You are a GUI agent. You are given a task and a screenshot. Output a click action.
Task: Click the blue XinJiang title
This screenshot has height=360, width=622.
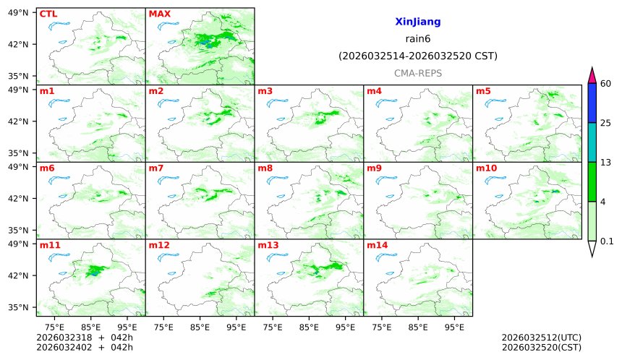[417, 22]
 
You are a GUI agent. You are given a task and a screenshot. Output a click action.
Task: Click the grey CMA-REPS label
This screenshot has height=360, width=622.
[417, 73]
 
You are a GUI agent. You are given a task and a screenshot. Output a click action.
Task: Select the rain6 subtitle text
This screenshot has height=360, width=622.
[417, 39]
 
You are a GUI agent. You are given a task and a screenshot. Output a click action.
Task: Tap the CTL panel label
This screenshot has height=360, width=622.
[48, 14]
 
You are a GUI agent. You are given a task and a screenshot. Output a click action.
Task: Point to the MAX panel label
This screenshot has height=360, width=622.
[159, 14]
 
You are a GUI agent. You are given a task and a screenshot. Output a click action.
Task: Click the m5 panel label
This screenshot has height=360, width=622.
[483, 91]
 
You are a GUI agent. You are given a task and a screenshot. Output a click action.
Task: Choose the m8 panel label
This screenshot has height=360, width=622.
[265, 168]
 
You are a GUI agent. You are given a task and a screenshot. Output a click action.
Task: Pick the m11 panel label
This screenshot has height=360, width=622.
[50, 246]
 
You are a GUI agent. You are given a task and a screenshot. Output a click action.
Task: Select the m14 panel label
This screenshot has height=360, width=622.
[377, 246]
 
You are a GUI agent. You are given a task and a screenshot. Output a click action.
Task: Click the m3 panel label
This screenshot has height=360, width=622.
[265, 91]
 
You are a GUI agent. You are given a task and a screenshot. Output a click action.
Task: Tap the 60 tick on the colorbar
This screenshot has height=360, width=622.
[606, 84]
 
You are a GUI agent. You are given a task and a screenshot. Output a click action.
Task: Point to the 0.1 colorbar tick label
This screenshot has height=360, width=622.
[608, 241]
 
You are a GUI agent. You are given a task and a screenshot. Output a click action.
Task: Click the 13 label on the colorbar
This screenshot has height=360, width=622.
[606, 163]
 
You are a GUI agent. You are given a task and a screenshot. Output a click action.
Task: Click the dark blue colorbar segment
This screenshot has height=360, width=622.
[592, 103]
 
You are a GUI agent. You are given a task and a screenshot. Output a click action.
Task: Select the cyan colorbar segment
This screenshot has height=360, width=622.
[592, 142]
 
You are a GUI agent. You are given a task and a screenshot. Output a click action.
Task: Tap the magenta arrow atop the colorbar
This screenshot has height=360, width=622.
[592, 75]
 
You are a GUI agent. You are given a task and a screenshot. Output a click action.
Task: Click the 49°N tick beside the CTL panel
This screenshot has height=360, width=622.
[17, 12]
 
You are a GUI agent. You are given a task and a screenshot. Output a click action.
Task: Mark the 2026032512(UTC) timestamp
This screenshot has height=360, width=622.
[541, 338]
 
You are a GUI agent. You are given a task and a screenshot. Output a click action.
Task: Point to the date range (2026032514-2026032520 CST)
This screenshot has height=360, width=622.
[417, 56]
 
